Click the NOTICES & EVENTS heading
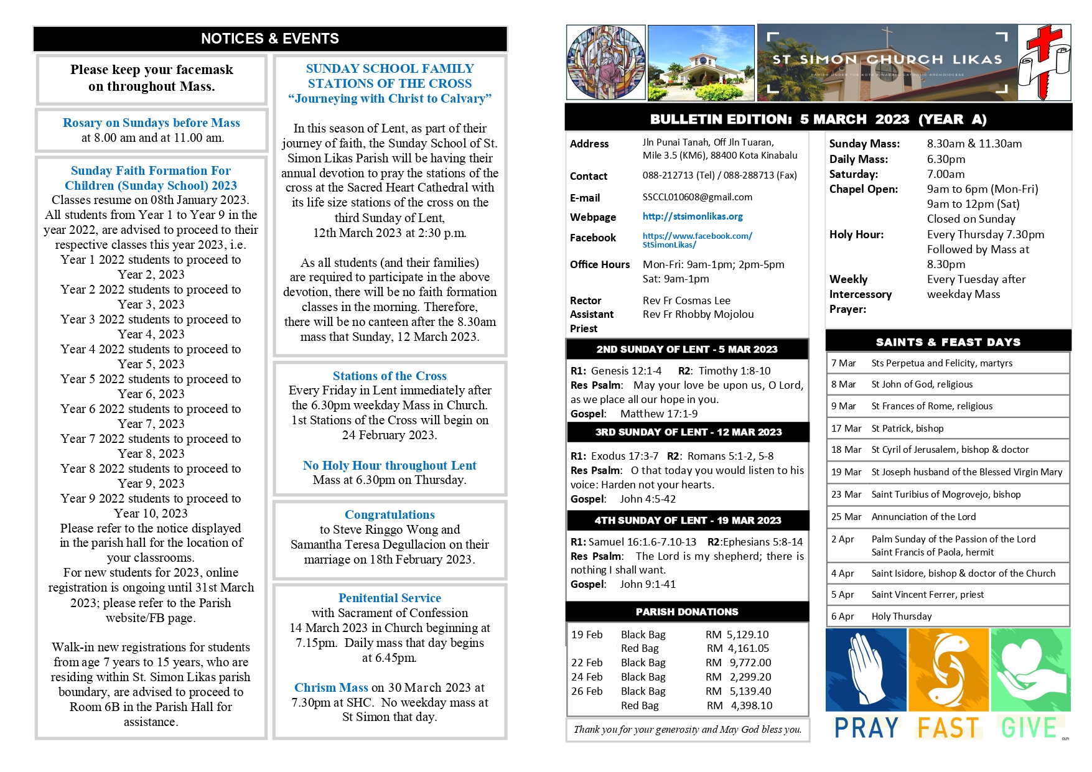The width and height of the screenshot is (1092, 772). tap(270, 39)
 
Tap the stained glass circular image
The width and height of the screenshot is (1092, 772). tap(605, 62)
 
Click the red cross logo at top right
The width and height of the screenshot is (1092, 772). tap(1044, 62)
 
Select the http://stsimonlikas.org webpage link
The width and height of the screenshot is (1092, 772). tap(693, 216)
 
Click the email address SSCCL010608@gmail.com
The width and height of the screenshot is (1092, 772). tap(697, 197)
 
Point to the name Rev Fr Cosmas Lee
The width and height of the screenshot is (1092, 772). tap(686, 300)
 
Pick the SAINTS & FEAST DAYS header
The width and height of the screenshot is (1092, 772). tap(948, 342)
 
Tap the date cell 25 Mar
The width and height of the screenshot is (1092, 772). tap(846, 517)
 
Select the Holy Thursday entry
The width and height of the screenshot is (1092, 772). tap(902, 616)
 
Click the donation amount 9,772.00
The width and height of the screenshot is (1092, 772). tap(750, 663)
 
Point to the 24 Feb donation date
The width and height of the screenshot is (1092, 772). tap(587, 677)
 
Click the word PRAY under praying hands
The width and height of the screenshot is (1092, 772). tap(866, 728)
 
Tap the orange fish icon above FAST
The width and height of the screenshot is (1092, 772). tap(948, 669)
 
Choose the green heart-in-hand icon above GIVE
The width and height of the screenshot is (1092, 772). tap(1030, 669)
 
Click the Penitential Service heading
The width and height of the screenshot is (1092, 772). tap(390, 598)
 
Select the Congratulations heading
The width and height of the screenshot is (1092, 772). tap(390, 514)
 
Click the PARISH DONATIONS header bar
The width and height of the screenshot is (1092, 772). tap(687, 612)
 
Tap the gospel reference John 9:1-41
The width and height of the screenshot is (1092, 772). tap(647, 584)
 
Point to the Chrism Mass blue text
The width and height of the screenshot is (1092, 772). tap(331, 687)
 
